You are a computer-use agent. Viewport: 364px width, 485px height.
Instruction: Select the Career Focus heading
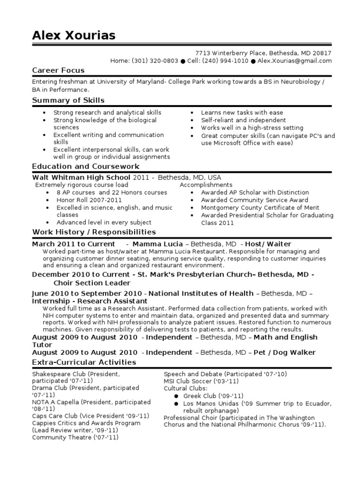pyautogui.click(x=58, y=70)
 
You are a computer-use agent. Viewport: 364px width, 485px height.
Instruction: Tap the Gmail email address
pyautogui.click(x=294, y=61)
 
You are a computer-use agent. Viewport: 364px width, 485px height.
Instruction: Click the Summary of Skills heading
pyautogui.click(x=68, y=100)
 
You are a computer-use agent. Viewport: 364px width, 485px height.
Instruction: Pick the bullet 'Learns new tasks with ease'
pyautogui.click(x=242, y=113)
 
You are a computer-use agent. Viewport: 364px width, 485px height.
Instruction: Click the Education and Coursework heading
pyautogui.click(x=86, y=166)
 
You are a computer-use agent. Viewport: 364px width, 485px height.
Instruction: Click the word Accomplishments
pyautogui.click(x=206, y=185)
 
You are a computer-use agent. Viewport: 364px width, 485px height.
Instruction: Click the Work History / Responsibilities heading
pyautogui.click(x=94, y=232)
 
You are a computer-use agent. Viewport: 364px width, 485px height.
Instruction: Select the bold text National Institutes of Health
pyautogui.click(x=204, y=293)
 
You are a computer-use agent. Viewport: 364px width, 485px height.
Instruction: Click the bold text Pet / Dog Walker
pyautogui.click(x=284, y=352)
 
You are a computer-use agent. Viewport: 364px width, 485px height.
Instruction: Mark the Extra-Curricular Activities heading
pyautogui.click(x=84, y=362)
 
